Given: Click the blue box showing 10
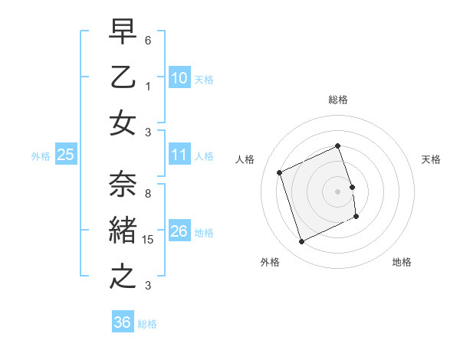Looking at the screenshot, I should [x=179, y=78].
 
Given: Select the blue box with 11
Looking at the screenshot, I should [x=179, y=155].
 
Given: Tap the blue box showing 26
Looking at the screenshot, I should [x=179, y=231].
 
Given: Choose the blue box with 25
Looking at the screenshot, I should [x=65, y=155].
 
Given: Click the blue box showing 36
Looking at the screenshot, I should [x=122, y=322].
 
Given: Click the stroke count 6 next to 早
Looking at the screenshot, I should [x=148, y=39].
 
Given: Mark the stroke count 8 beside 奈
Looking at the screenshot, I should [x=148, y=193].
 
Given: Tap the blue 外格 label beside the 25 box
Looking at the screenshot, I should [x=41, y=155].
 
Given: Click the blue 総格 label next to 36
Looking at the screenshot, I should [x=147, y=323].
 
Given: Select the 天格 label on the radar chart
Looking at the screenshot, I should [x=431, y=159].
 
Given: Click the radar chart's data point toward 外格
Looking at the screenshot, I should [x=301, y=242].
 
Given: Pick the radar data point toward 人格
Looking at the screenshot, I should [x=280, y=172].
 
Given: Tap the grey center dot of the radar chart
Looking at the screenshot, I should [x=337, y=191].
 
